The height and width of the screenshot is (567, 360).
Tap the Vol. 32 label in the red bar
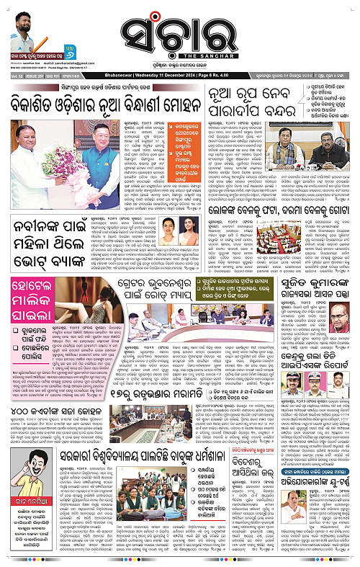coord(12,84)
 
